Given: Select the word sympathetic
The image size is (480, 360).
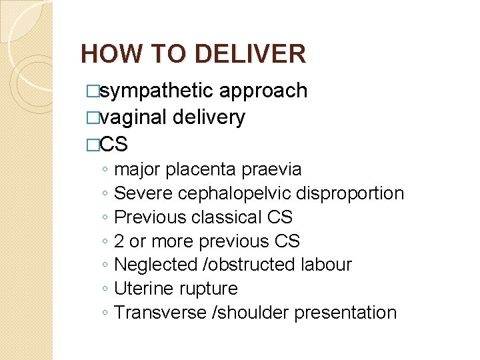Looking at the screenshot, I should click(x=157, y=91).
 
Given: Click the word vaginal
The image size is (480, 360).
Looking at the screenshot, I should click(x=133, y=118).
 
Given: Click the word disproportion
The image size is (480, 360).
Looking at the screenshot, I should click(x=351, y=194).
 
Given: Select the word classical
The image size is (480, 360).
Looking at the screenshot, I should click(x=227, y=217).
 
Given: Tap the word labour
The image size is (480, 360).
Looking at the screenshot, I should click(x=325, y=265).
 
